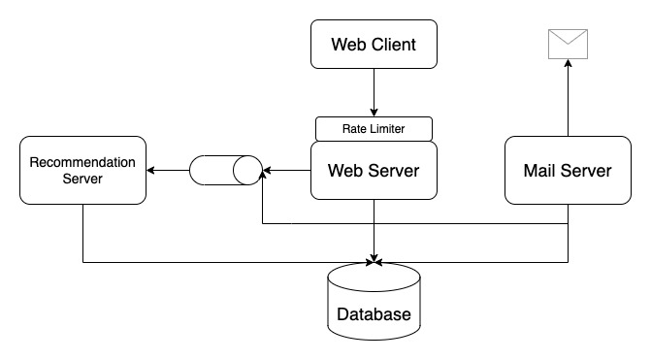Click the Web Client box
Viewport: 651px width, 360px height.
(374, 45)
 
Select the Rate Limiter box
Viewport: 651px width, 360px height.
(374, 128)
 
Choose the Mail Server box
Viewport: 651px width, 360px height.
(568, 172)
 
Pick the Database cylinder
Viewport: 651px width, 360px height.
(374, 301)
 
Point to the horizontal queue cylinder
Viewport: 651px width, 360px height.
(225, 172)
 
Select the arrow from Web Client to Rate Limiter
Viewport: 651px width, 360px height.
(374, 94)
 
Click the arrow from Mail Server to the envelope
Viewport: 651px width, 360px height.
(568, 97)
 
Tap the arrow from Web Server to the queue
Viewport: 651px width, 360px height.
(286, 172)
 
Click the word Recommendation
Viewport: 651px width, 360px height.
(82, 162)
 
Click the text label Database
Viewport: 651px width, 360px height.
(374, 314)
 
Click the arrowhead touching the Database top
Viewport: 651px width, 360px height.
(374, 259)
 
